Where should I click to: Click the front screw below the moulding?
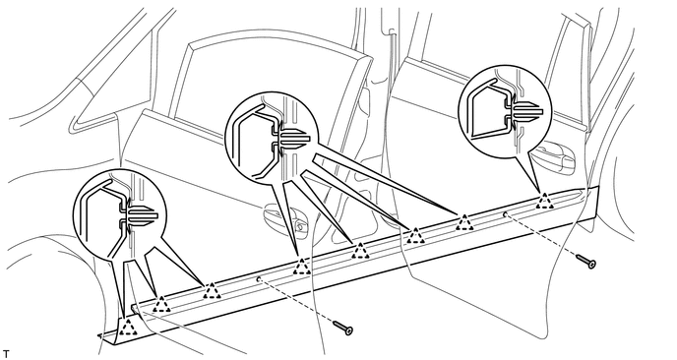(x=343, y=328)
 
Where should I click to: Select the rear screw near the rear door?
(x=585, y=261)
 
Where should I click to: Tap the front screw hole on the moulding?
(x=258, y=278)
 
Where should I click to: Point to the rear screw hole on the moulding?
(x=505, y=213)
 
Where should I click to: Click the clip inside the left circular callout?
(x=138, y=215)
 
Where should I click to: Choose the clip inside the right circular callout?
(x=522, y=110)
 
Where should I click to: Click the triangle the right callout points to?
(x=545, y=201)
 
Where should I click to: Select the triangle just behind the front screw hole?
(x=302, y=267)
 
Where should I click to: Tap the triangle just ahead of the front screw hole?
(x=212, y=291)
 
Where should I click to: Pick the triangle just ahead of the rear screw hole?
(x=464, y=222)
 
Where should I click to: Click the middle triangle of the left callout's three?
(x=161, y=304)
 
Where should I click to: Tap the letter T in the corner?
(x=6, y=354)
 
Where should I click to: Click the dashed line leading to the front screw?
(x=296, y=300)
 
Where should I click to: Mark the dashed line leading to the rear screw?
(x=541, y=235)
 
